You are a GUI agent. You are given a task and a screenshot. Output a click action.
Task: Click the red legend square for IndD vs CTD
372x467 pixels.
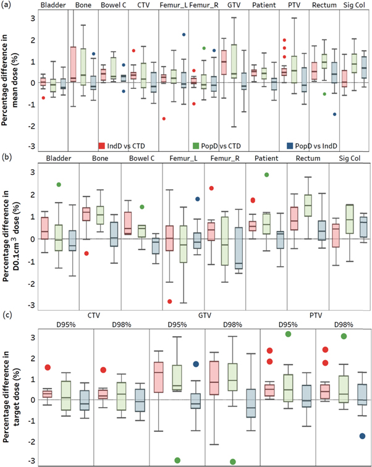coord(102,146)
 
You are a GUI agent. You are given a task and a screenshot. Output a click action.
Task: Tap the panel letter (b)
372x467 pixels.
coord(7,159)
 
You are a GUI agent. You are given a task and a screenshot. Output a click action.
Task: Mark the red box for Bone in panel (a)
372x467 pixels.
coord(73,63)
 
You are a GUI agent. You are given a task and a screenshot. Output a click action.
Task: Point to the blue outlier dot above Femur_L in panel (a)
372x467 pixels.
coord(184,35)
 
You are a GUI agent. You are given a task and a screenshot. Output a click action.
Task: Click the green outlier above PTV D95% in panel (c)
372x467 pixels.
coord(288,334)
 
